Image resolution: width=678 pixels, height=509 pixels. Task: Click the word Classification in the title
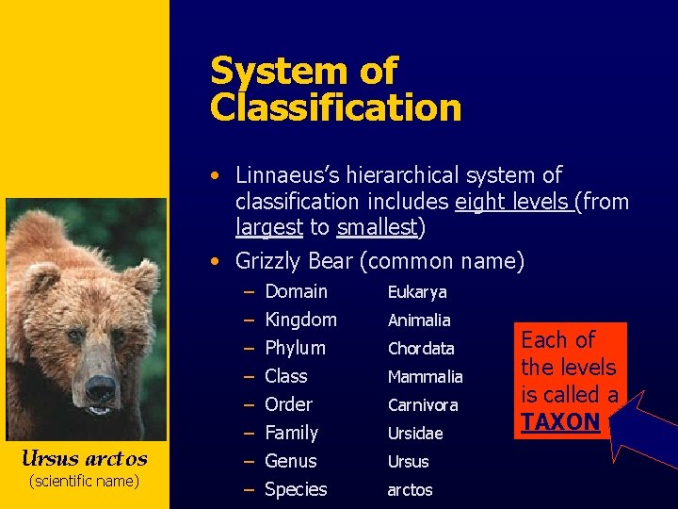[335, 107]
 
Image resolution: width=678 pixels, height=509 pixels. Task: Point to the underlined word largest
[268, 227]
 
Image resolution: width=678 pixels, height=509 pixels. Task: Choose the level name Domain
[296, 292]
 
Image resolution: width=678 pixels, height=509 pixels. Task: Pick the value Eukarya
[417, 293]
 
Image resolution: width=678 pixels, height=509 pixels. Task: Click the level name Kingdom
[300, 320]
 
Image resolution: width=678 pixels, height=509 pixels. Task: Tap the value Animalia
[419, 320]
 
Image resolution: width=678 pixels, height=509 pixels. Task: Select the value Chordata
[421, 349]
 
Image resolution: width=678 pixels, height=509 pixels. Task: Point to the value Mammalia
[425, 377]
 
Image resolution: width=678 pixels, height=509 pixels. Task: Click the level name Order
[288, 404]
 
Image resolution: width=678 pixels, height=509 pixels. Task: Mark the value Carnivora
[423, 405]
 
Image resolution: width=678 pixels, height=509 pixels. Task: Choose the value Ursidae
[415, 434]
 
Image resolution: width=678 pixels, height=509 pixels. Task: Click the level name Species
[296, 489]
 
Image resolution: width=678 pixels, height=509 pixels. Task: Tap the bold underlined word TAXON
[560, 422]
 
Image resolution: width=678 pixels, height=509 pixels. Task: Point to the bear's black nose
[101, 386]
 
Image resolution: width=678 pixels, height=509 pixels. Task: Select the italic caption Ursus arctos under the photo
[85, 459]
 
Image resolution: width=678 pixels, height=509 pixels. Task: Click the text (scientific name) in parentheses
[85, 482]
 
